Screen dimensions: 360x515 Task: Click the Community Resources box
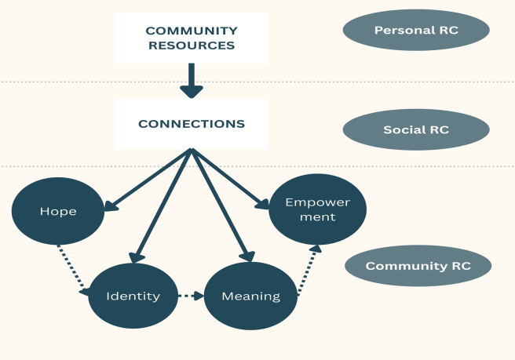click(191, 38)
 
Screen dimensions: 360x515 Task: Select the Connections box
click(191, 124)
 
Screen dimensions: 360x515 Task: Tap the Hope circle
click(58, 212)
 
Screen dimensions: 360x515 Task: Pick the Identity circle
click(133, 296)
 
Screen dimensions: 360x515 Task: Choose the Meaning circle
click(251, 296)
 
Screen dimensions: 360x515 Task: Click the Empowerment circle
click(317, 209)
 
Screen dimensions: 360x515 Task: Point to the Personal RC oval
click(416, 31)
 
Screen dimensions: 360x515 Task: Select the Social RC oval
click(416, 129)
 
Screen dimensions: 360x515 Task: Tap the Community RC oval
click(418, 266)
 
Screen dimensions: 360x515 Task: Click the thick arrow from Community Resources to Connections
click(191, 81)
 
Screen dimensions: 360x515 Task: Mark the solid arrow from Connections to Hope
click(149, 180)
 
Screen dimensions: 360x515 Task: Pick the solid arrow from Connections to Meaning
click(221, 204)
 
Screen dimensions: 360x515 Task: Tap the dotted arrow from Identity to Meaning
click(191, 296)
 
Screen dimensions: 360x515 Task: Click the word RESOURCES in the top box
click(191, 45)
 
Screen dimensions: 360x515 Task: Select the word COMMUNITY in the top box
click(191, 31)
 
